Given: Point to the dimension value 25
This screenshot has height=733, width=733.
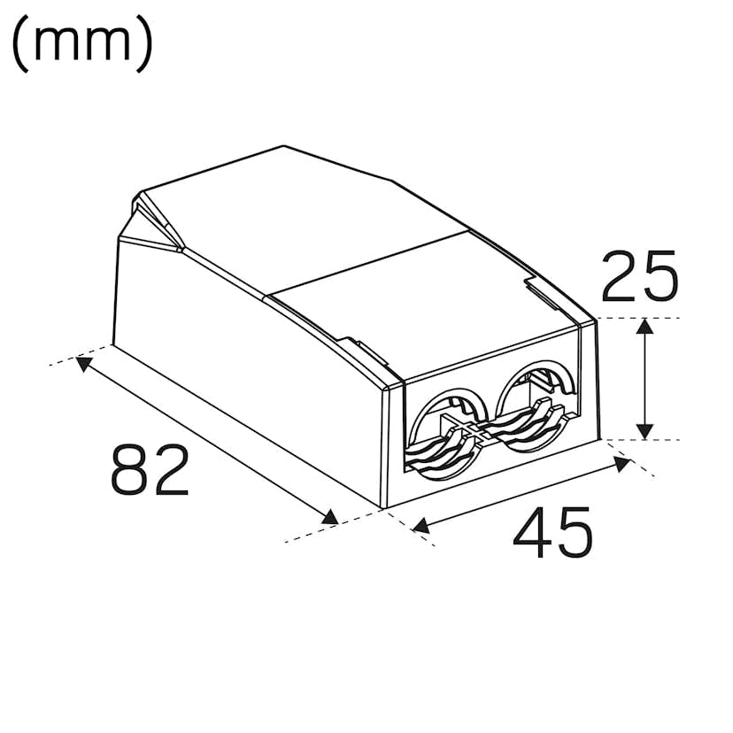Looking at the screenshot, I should (x=639, y=276).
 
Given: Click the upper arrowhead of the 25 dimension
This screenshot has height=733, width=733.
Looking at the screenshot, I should (x=645, y=328).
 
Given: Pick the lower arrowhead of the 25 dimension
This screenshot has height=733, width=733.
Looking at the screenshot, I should (x=645, y=430).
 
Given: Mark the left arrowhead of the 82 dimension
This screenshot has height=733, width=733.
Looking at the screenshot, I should (x=85, y=363).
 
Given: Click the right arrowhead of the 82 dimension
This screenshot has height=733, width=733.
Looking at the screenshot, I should (x=331, y=518).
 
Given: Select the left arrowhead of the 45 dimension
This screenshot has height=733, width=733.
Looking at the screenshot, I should (x=421, y=526).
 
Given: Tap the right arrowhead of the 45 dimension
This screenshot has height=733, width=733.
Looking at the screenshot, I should (x=619, y=461).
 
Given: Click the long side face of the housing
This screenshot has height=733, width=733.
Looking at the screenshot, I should (x=248, y=381).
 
